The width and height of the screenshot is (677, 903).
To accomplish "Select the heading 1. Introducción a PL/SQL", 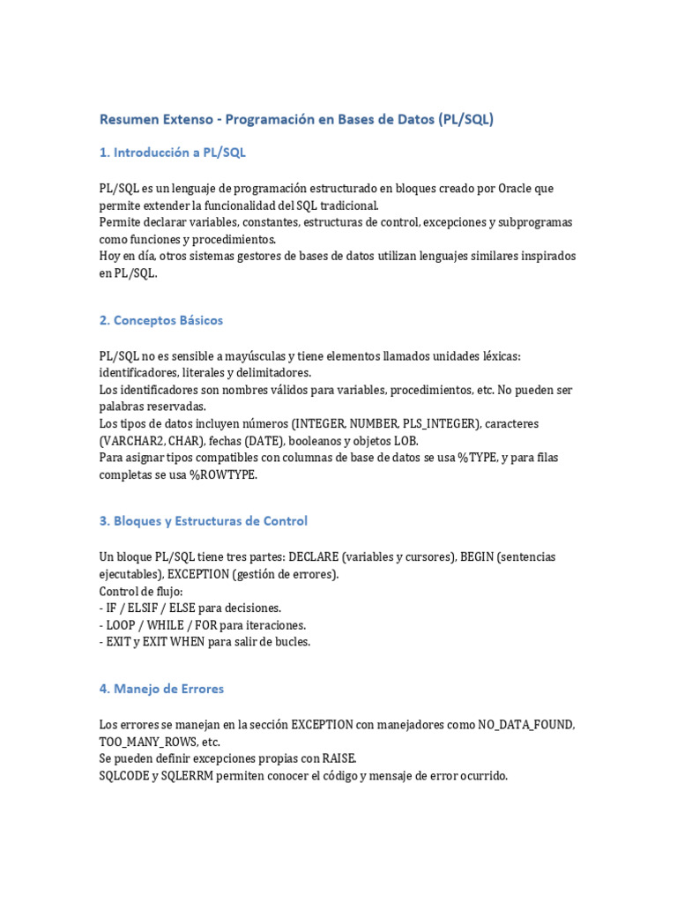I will pos(172,153).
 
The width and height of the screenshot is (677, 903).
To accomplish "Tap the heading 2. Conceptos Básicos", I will pos(160,320).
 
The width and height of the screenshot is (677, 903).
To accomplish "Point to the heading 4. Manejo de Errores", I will pos(161,689).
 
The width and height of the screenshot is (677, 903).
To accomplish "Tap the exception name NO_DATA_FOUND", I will pos(526,725).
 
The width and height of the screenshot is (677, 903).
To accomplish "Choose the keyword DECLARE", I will pos(313,557).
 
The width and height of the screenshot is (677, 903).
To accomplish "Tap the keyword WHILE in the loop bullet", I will pos(166,625).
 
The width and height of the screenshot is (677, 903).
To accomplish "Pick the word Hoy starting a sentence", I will pos(110,256).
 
